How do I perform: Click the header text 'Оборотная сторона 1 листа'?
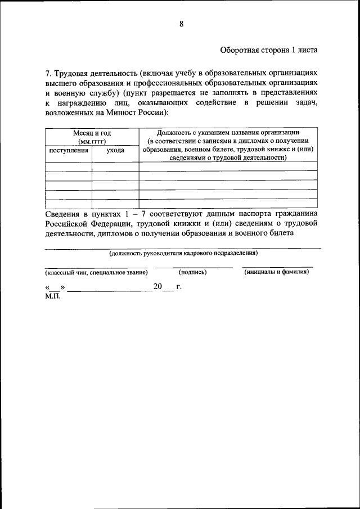269,49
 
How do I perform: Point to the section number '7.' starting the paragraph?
48,73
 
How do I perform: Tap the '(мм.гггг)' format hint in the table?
92,141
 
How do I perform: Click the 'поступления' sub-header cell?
68,150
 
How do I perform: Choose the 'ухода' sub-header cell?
115,150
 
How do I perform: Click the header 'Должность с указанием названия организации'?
228,132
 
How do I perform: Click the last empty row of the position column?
228,204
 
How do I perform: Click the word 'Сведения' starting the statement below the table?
63,214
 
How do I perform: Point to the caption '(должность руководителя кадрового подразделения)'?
183,253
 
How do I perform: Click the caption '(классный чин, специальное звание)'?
96,272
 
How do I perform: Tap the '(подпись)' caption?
193,272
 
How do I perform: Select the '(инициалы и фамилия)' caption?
277,272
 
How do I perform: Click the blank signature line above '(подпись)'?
193,267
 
